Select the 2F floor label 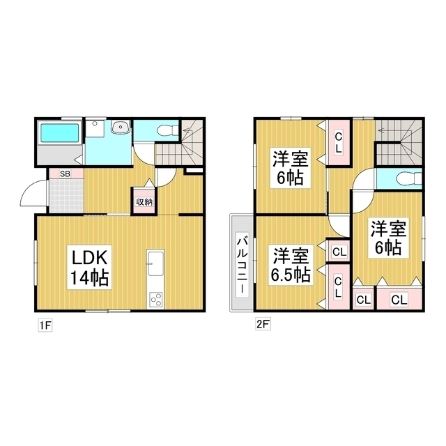[260, 325]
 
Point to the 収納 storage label [144, 201]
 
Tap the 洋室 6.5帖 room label [290, 265]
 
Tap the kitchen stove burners [155, 300]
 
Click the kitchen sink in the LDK [155, 266]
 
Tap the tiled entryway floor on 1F [65, 194]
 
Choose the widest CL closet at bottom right [399, 300]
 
